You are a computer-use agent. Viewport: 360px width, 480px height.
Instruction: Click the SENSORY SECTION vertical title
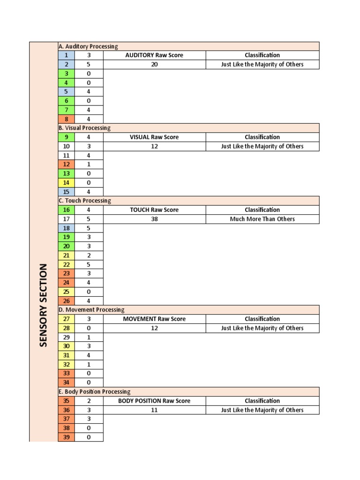[43, 305]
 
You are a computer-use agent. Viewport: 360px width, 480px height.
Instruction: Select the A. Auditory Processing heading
[88, 46]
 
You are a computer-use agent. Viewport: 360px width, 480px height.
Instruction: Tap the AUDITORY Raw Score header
[154, 55]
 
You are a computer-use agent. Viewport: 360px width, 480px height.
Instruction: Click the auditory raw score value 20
[154, 65]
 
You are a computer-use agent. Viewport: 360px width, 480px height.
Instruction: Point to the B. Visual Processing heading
[84, 128]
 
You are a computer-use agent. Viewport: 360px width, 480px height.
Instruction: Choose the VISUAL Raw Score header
[154, 137]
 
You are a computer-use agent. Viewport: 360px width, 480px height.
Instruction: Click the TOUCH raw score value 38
[154, 219]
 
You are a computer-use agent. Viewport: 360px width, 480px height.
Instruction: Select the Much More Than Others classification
[262, 219]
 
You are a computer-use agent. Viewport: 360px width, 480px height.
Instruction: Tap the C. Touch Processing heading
[84, 201]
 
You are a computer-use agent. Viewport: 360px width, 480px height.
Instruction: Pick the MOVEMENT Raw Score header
[154, 319]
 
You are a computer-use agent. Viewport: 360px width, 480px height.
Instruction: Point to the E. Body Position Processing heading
[94, 392]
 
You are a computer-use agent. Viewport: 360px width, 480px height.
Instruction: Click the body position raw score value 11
[154, 410]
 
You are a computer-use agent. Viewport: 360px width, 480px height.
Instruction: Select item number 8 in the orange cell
[66, 119]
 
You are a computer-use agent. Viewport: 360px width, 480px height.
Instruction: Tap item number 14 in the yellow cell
[66, 183]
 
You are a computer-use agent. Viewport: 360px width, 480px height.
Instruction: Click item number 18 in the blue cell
[66, 228]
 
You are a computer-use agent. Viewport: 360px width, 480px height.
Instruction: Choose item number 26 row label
[66, 301]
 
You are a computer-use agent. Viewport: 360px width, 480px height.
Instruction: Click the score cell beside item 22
[89, 264]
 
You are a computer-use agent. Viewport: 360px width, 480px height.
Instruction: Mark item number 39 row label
[66, 437]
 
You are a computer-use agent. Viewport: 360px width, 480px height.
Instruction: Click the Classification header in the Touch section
[262, 210]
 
